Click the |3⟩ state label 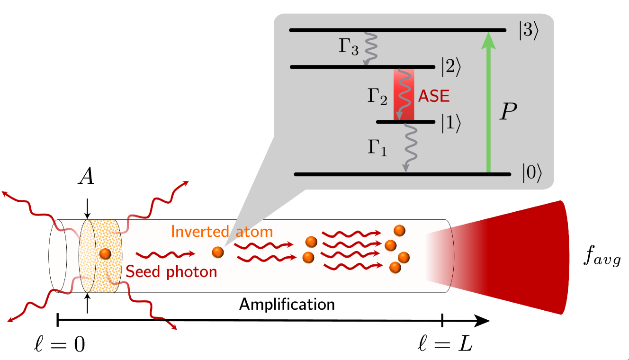pyautogui.click(x=528, y=32)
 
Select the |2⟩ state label pyautogui.click(x=450, y=68)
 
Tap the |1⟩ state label pyautogui.click(x=450, y=123)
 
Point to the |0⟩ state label pyautogui.click(x=531, y=175)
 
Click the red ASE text pyautogui.click(x=433, y=97)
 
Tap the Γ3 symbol pyautogui.click(x=348, y=48)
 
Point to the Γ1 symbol pyautogui.click(x=377, y=148)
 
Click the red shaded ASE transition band pyautogui.click(x=404, y=94)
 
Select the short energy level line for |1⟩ pyautogui.click(x=405, y=122)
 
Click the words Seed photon pyautogui.click(x=171, y=272)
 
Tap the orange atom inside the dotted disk pyautogui.click(x=105, y=254)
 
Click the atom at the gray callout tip pyautogui.click(x=218, y=252)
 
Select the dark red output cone pyautogui.click(x=512, y=257)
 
